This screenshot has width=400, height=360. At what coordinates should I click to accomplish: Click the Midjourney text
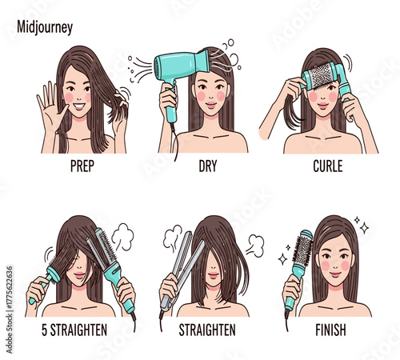(45, 27)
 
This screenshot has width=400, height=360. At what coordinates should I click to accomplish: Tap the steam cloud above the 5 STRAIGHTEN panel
(121, 237)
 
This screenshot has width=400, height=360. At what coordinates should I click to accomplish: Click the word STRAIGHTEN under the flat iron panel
(207, 328)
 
